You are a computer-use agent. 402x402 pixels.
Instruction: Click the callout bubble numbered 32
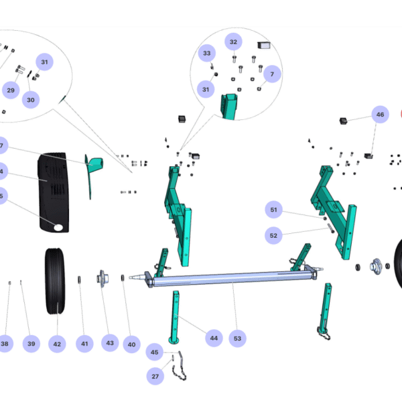233,42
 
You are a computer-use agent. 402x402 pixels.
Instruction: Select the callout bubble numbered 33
207,53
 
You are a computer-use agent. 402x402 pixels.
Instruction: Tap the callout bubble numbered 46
380,115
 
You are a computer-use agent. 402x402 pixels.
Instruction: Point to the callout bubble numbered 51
273,210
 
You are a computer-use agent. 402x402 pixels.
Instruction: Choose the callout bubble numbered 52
273,235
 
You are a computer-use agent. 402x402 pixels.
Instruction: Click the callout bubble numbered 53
237,338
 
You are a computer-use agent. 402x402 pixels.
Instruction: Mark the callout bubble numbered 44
214,338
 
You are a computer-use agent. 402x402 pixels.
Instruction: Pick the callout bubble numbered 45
154,352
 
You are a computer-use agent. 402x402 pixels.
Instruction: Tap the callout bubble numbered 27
155,377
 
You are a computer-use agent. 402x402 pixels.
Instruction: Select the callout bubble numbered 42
57,344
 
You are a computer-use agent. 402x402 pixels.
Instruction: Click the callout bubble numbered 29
11,90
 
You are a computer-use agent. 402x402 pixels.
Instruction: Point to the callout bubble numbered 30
31,100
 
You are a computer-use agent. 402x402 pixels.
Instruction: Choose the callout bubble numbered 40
132,344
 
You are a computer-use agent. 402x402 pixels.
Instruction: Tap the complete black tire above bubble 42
55,281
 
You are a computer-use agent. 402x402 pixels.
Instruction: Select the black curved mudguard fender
54,192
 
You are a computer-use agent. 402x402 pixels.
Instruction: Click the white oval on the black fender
58,227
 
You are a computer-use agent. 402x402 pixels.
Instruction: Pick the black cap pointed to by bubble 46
343,121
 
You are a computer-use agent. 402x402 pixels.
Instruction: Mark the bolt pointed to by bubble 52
331,228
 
